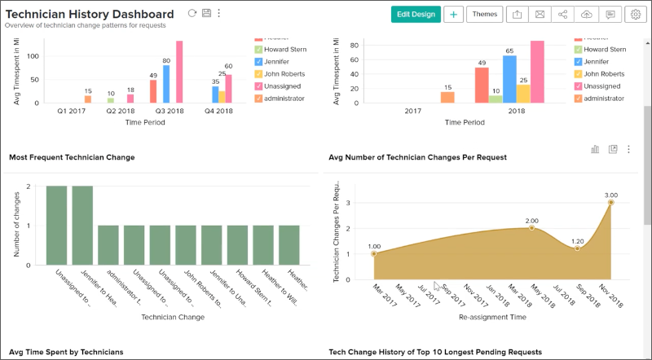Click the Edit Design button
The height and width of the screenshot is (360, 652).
pos(416,14)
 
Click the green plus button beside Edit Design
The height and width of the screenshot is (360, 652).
pos(453,14)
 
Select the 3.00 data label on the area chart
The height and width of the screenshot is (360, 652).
pos(610,195)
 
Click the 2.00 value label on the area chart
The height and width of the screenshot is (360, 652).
pos(531,221)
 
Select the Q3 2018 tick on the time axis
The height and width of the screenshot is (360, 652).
pos(170,112)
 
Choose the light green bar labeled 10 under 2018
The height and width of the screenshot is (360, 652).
pos(496,99)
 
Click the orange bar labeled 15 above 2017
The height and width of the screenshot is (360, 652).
pos(447,97)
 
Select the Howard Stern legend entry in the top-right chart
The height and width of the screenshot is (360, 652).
pos(604,50)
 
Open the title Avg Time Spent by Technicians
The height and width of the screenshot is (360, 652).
pos(67,352)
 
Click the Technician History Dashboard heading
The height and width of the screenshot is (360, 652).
pos(90,14)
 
